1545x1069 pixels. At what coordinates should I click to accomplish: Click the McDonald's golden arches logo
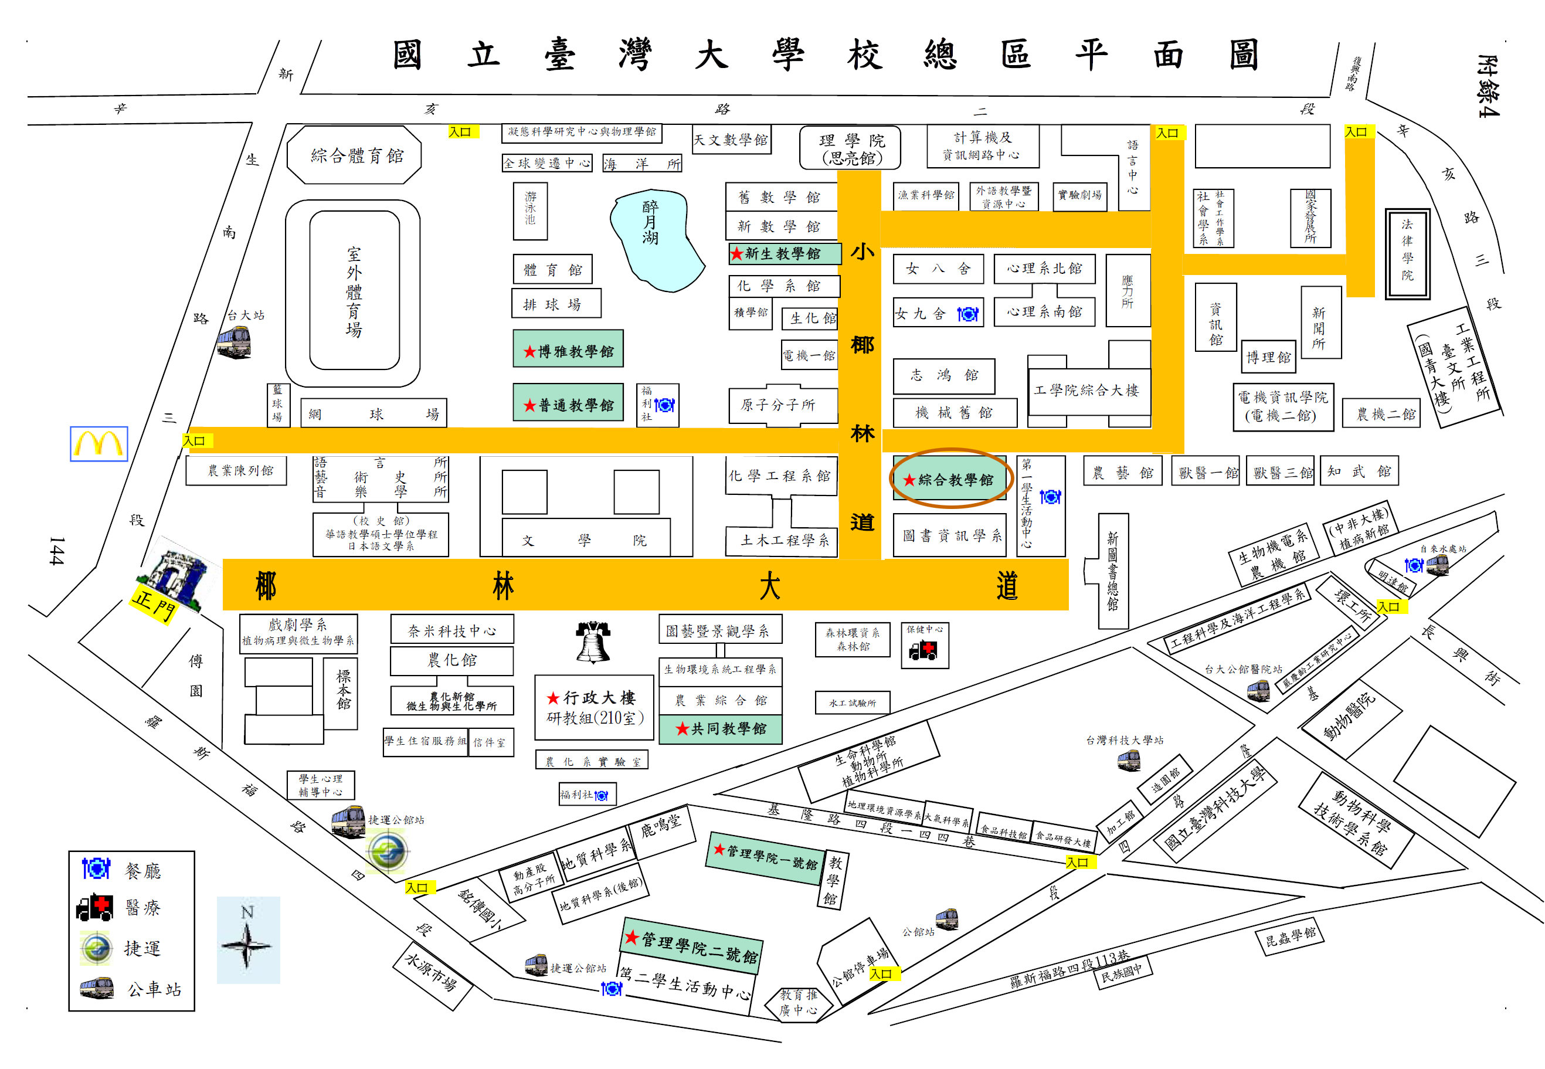click(x=99, y=443)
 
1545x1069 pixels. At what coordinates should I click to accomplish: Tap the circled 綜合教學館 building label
click(x=950, y=479)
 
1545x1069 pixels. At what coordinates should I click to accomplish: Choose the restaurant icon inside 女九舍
click(x=966, y=314)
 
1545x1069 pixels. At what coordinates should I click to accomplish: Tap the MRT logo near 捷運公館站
click(x=387, y=851)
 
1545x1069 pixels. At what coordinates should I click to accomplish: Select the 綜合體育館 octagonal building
click(x=354, y=155)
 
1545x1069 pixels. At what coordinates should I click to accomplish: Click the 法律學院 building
click(x=1407, y=253)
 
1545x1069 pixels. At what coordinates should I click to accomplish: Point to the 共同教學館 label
click(x=720, y=728)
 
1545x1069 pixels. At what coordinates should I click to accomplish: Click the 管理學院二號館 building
click(x=691, y=946)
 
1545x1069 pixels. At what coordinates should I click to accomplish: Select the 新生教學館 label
click(x=783, y=254)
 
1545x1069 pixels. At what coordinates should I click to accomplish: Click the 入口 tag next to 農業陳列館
click(x=196, y=441)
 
